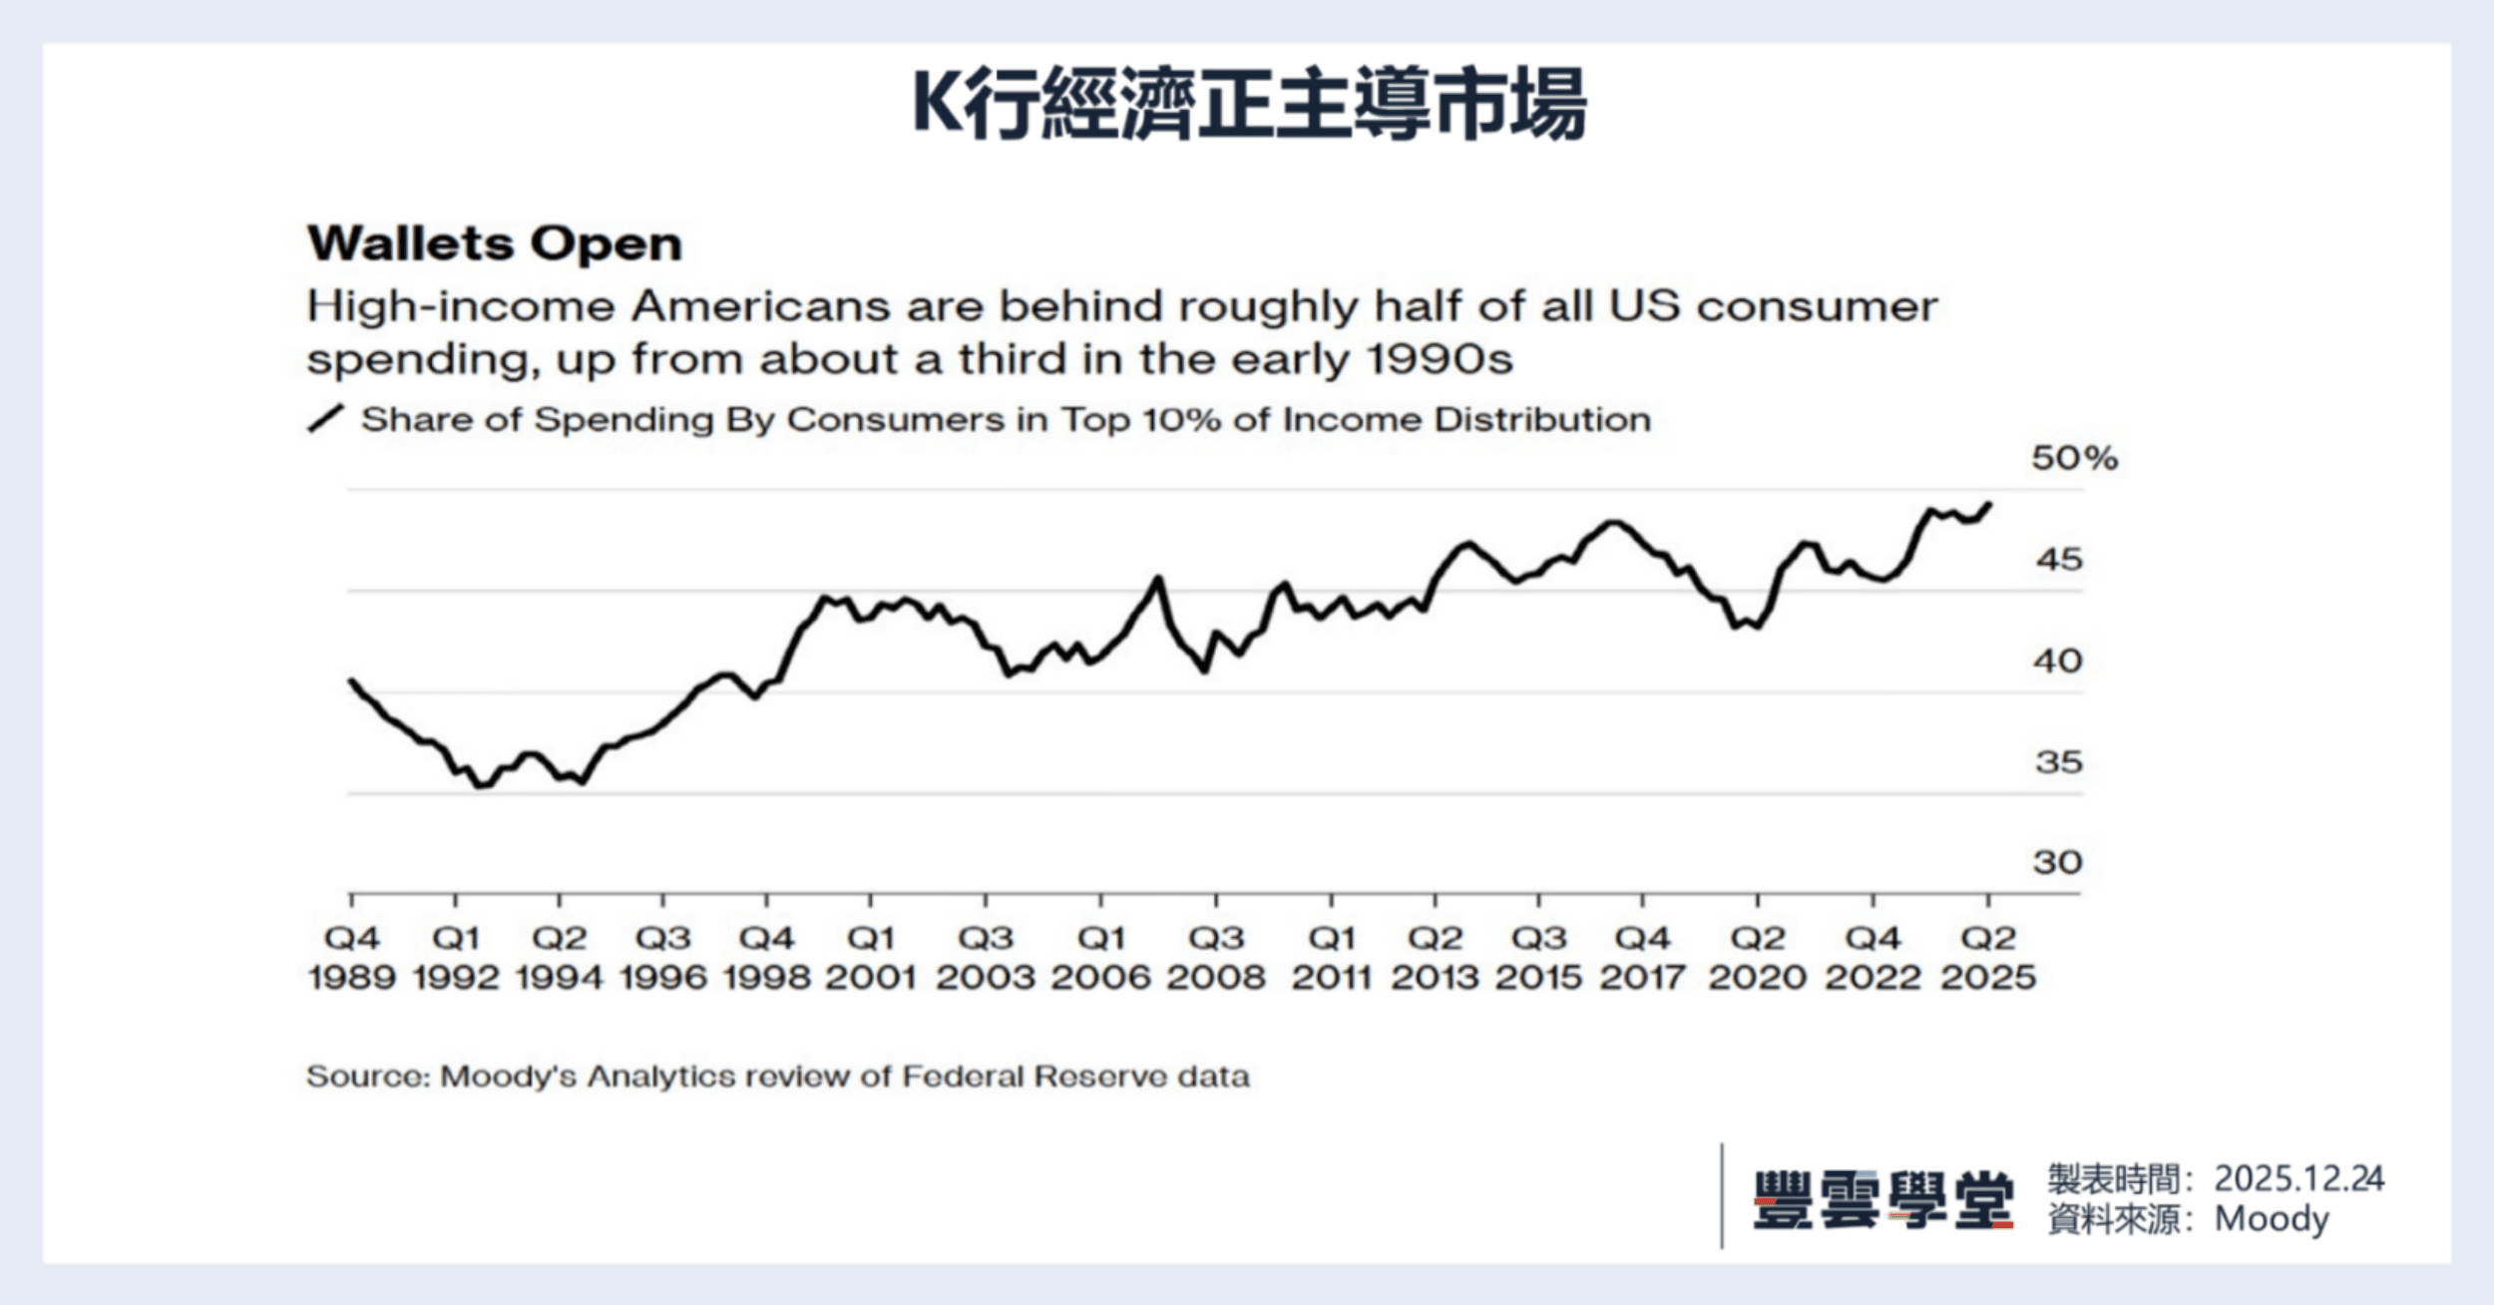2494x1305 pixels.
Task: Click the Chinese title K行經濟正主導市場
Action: [x=1248, y=104]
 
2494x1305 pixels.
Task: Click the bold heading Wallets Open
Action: [x=495, y=243]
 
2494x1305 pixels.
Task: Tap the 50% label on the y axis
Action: [x=2074, y=458]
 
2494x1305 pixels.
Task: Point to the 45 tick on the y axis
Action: [x=2059, y=560]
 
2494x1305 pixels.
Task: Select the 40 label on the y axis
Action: [x=2058, y=660]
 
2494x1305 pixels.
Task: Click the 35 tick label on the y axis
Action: [x=2058, y=762]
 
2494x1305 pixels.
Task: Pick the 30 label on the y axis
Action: [x=2057, y=862]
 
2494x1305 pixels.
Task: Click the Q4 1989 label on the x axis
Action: [x=352, y=957]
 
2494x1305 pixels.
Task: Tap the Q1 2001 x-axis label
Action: [x=871, y=957]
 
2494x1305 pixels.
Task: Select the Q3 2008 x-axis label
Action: [x=1216, y=957]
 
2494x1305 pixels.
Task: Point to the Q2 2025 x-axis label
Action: [x=1988, y=957]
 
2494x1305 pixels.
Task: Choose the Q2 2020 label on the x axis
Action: [x=1758, y=957]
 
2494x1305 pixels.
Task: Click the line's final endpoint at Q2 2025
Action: [x=1989, y=505]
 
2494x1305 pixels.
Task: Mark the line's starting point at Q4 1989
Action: [x=351, y=681]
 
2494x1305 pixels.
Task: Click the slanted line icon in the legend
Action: [x=325, y=419]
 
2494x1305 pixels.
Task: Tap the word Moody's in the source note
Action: [x=508, y=1077]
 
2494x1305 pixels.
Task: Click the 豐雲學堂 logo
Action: [x=1882, y=1199]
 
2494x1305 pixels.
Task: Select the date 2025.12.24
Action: [x=2298, y=1179]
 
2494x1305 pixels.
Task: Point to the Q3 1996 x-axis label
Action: [x=663, y=957]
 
